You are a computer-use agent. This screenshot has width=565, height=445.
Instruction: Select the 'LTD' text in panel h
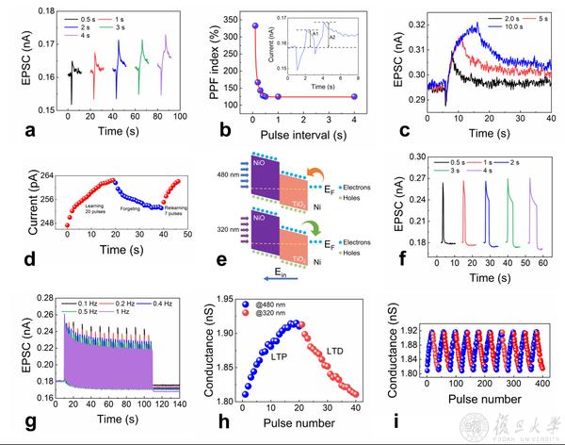click(336, 351)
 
